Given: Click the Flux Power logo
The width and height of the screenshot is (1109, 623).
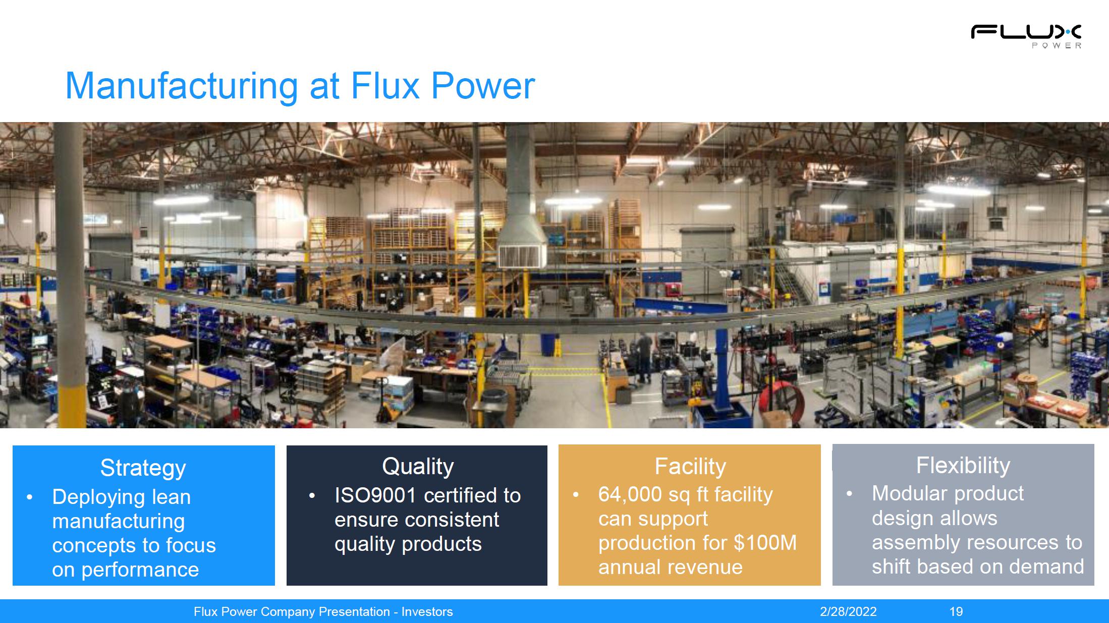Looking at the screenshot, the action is (1026, 37).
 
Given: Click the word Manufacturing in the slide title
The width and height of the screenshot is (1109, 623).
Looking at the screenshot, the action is (182, 85).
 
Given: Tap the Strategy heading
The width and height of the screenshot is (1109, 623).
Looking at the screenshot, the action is (143, 468).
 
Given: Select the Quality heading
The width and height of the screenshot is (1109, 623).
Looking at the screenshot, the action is (418, 466).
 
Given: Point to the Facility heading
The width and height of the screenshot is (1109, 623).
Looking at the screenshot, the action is (690, 466).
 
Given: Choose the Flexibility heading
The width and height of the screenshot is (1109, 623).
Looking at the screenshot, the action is (963, 465).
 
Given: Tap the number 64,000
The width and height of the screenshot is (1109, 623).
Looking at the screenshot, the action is (630, 494).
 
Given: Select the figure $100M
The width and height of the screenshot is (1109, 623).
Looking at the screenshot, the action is (765, 543).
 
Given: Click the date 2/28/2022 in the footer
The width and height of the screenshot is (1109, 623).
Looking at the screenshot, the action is (848, 612).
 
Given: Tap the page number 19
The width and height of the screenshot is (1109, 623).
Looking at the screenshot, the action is (956, 612).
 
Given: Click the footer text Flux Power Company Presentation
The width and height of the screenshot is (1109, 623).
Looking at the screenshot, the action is (292, 612).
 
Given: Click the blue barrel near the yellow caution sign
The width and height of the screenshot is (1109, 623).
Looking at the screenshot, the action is (547, 345).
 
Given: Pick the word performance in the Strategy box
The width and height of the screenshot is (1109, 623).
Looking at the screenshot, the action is (140, 570).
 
